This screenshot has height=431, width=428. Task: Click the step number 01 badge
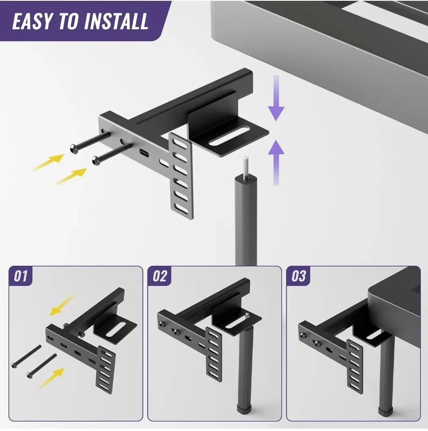tap(21, 276)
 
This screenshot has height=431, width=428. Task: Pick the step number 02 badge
tap(160, 276)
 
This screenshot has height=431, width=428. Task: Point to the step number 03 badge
tap(299, 276)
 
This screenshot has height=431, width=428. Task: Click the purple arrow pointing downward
tap(276, 99)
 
